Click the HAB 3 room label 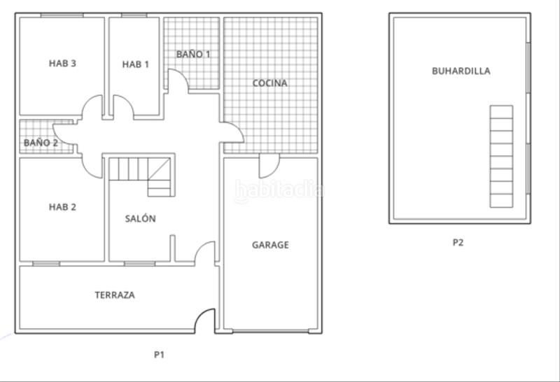click(62, 64)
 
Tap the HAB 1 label click(136, 64)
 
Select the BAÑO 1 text click(193, 54)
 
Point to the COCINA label click(270, 83)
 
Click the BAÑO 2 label click(41, 143)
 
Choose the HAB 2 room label click(62, 207)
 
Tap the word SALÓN click(140, 219)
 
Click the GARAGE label click(270, 246)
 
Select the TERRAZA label click(115, 295)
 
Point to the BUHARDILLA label click(461, 71)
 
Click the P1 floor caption click(159, 355)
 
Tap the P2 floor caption click(458, 243)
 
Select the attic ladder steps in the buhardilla click(500, 155)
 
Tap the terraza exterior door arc click(204, 320)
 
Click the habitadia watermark click(279, 190)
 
